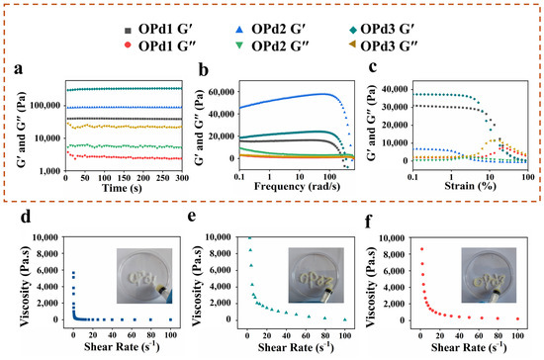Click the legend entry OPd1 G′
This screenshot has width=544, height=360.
pyautogui.click(x=158, y=29)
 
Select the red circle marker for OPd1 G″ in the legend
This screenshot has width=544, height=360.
pyautogui.click(x=128, y=45)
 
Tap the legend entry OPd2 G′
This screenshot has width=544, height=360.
pyautogui.click(x=271, y=29)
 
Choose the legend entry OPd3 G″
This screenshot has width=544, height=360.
pyautogui.click(x=383, y=45)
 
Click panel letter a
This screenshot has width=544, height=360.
pyautogui.click(x=19, y=68)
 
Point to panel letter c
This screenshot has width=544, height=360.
pyautogui.click(x=373, y=66)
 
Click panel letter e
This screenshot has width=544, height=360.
pyautogui.click(x=192, y=216)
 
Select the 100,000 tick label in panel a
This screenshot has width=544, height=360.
pyautogui.click(x=45, y=105)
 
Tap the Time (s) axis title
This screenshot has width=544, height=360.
pyautogui.click(x=122, y=188)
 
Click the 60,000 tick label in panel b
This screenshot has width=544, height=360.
pyautogui.click(x=222, y=92)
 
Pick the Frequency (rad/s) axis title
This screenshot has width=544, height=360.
pyautogui.click(x=298, y=186)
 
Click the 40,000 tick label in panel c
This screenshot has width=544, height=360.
pyautogui.click(x=395, y=89)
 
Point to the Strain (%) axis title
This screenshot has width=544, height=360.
pyautogui.click(x=470, y=186)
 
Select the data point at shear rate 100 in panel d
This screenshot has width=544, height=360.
pyautogui.click(x=170, y=319)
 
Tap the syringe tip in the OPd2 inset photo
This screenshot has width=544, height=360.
pyautogui.click(x=327, y=292)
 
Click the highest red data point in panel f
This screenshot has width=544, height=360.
pyautogui.click(x=421, y=249)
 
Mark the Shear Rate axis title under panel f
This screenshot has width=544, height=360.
pyautogui.click(x=469, y=347)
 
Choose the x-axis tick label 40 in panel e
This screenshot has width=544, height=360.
pyautogui.click(x=286, y=335)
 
